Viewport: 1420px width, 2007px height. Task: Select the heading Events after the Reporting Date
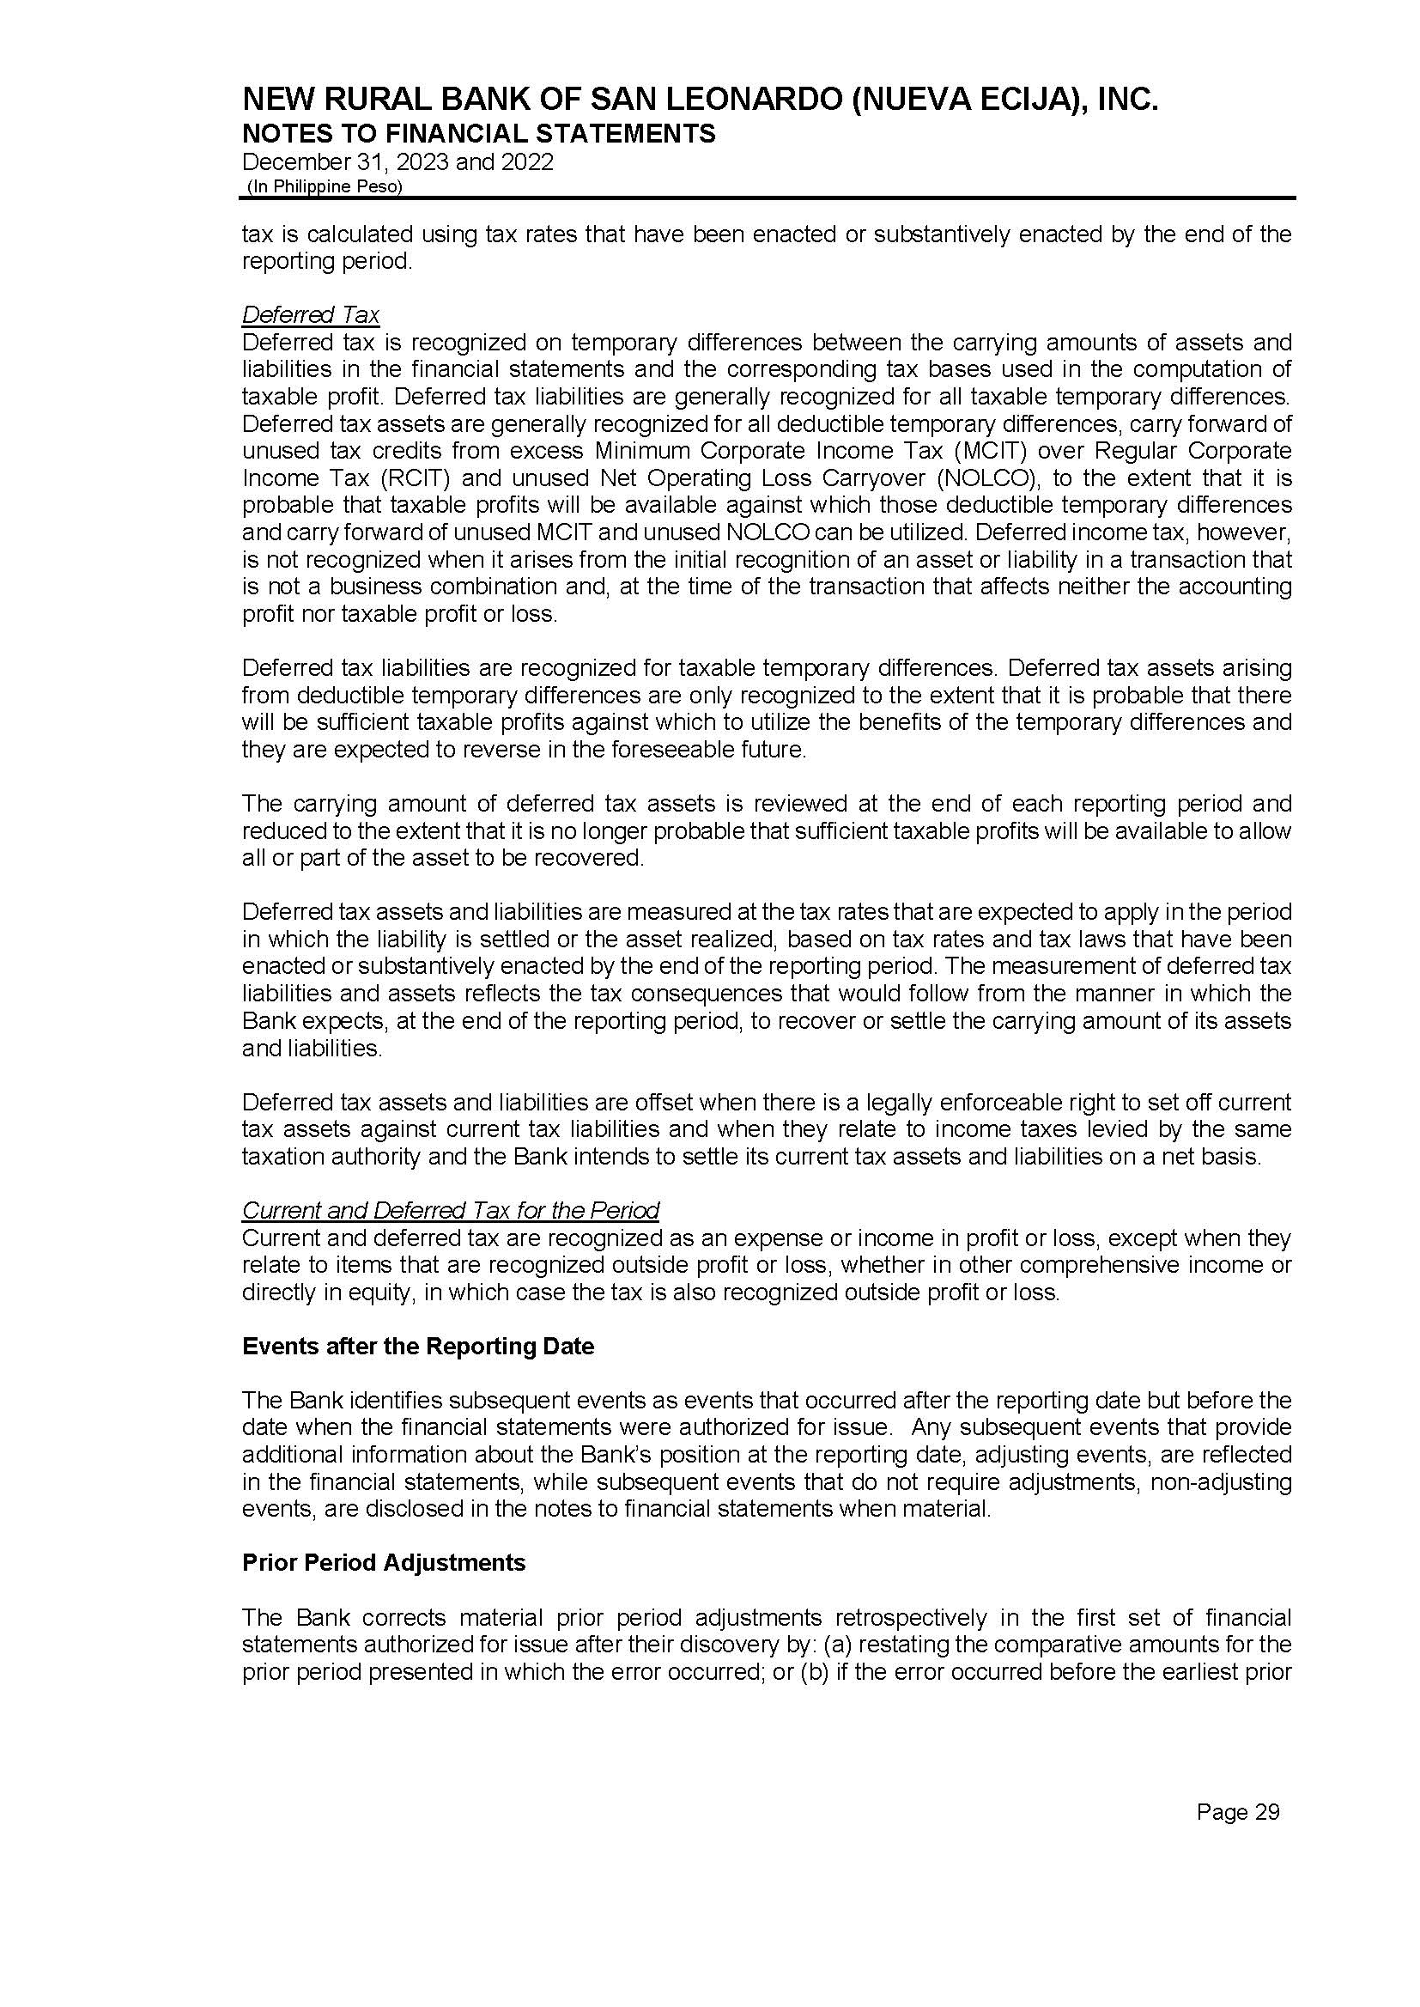coord(418,1346)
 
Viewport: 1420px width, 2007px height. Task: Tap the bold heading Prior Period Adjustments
coord(384,1562)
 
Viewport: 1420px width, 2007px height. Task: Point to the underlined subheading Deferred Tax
coord(311,315)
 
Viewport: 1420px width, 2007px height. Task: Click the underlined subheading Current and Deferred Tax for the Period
coord(451,1210)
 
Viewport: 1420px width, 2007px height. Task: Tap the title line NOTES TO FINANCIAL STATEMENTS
coord(478,134)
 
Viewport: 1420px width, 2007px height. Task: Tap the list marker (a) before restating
coord(839,1645)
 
